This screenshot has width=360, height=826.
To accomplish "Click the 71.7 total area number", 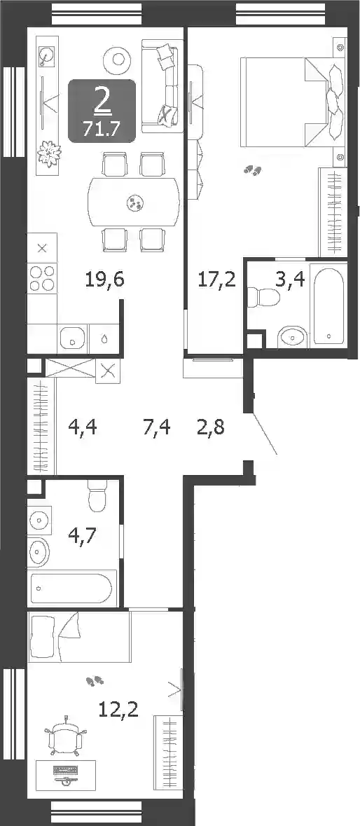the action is point(102,128).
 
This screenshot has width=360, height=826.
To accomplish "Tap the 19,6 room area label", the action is point(105,280).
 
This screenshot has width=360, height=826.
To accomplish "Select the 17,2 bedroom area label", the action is point(216,280).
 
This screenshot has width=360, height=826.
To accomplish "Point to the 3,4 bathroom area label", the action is point(290,280).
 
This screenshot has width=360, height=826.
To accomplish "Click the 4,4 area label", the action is point(83,426).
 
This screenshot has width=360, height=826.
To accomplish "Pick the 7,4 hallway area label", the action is point(157,426).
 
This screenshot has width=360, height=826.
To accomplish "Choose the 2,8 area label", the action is point(211,426).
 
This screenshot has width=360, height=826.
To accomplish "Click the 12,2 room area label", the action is point(118,710).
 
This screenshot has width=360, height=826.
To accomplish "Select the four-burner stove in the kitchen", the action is point(42,277).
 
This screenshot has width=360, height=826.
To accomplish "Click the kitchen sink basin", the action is point(72,338).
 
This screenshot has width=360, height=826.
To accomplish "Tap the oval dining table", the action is point(134,202).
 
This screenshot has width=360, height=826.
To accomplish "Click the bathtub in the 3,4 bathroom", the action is point(328,305).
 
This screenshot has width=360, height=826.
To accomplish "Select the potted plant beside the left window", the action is point(48,153).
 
